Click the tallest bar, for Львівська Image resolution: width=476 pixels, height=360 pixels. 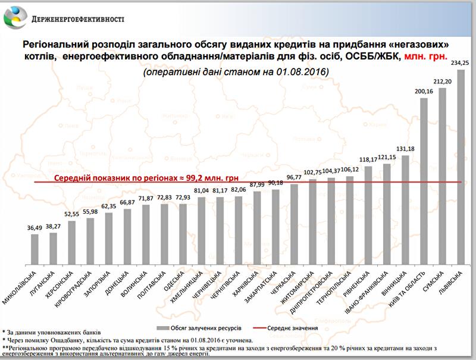461,167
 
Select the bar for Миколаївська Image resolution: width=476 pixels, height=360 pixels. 35,249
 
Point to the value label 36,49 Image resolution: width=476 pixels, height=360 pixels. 34,227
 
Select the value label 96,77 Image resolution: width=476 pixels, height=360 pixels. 294,178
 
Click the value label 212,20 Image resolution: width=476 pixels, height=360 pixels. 442,82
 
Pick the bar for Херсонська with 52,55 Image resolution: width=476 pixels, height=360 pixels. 71,242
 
